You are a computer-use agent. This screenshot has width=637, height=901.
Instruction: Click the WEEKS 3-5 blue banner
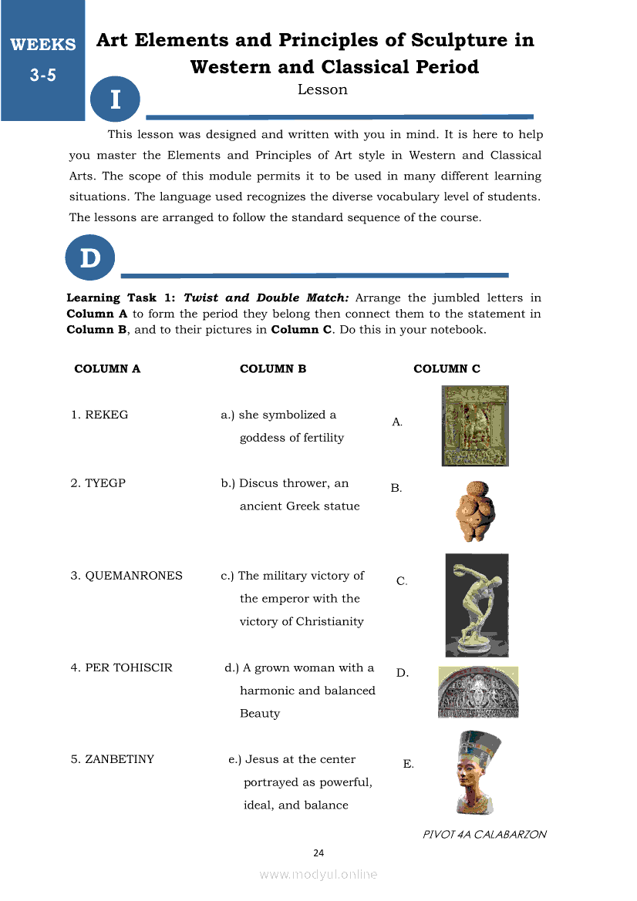(x=42, y=59)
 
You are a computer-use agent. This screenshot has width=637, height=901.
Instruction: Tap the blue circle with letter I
(x=115, y=99)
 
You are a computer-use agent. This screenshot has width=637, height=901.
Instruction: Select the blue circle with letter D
(x=90, y=258)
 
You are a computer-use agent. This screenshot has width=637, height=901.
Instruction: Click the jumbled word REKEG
(x=106, y=415)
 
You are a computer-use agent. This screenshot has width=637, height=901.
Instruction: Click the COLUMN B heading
(x=273, y=368)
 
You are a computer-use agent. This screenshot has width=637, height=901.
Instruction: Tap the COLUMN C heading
(x=447, y=368)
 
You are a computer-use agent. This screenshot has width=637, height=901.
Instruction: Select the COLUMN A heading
(x=107, y=368)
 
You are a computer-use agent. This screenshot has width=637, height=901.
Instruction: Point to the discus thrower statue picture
(x=477, y=604)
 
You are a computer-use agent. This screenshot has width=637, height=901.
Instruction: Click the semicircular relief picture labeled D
(x=478, y=692)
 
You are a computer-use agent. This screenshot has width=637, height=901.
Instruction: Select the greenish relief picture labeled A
(x=475, y=425)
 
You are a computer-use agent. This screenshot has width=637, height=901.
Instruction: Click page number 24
(x=318, y=852)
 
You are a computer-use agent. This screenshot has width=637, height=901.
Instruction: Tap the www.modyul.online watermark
(x=318, y=874)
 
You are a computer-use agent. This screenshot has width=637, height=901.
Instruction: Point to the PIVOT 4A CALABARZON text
(x=484, y=834)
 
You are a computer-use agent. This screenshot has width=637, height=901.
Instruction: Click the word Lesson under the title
(x=322, y=89)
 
